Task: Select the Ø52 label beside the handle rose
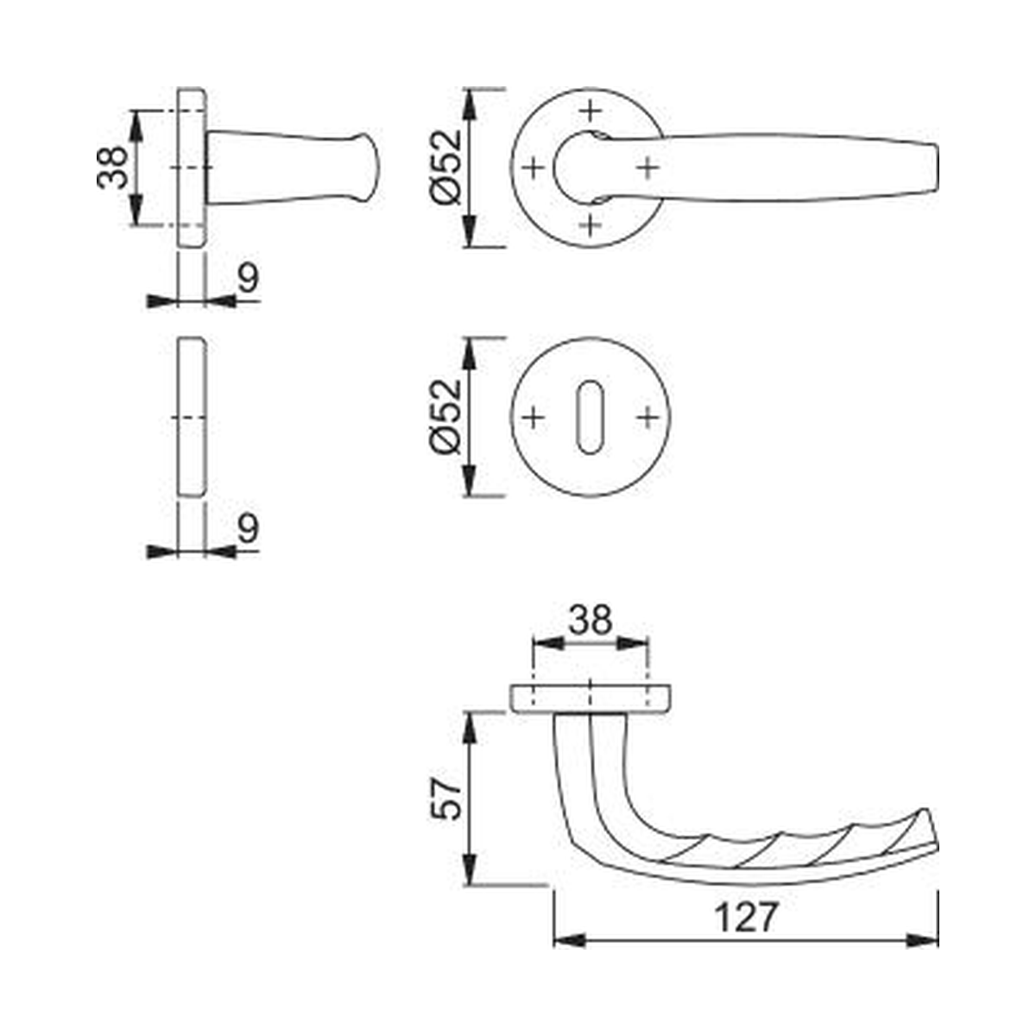point(446,167)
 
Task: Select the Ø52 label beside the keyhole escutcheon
point(446,417)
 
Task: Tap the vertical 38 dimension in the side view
point(112,167)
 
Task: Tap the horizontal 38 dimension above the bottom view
point(591,620)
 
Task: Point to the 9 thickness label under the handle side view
point(248,278)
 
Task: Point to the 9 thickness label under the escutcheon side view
point(248,528)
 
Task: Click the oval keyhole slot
point(590,417)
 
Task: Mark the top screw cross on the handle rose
point(591,111)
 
